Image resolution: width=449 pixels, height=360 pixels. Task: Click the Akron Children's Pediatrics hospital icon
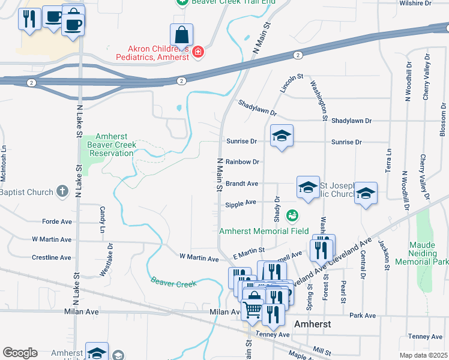tap(197, 53)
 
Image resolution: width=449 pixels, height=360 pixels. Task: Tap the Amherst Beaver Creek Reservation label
tap(111, 145)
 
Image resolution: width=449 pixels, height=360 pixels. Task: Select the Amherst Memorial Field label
tap(264, 231)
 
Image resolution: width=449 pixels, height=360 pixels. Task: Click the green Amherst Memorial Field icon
tap(292, 214)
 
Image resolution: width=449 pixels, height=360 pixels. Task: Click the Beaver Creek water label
tap(173, 281)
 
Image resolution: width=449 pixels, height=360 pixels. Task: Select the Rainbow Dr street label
tap(243, 162)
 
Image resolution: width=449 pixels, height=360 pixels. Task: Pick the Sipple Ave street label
tap(241, 204)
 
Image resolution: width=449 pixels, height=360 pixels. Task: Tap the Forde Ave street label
tap(57, 221)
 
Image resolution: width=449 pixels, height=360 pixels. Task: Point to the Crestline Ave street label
tap(52, 257)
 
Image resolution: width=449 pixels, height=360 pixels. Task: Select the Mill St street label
tap(322, 349)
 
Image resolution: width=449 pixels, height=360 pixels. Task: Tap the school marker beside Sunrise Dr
tap(281, 136)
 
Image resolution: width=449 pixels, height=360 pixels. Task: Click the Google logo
tap(20, 353)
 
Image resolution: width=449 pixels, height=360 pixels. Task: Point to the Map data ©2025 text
tap(423, 355)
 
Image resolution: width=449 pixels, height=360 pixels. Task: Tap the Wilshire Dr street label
tap(415, 3)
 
